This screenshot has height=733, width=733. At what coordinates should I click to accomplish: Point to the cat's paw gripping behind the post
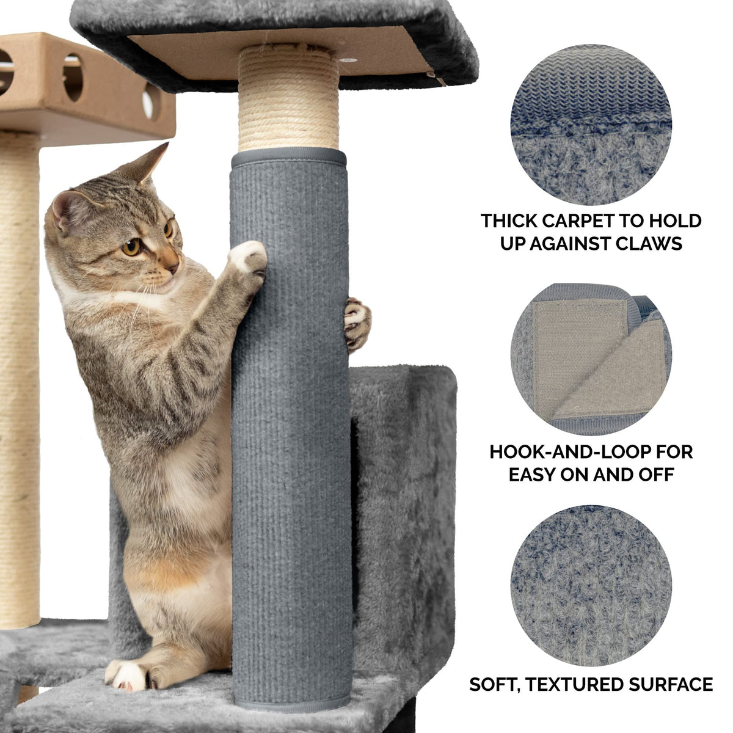pos(357,324)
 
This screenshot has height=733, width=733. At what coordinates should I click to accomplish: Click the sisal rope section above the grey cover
pos(288,99)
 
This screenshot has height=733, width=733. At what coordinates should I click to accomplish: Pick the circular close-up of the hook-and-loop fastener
pos(591,359)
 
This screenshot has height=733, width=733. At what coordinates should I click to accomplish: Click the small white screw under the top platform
pos(350,60)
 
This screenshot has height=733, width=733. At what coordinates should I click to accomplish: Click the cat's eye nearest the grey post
pos(168,230)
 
